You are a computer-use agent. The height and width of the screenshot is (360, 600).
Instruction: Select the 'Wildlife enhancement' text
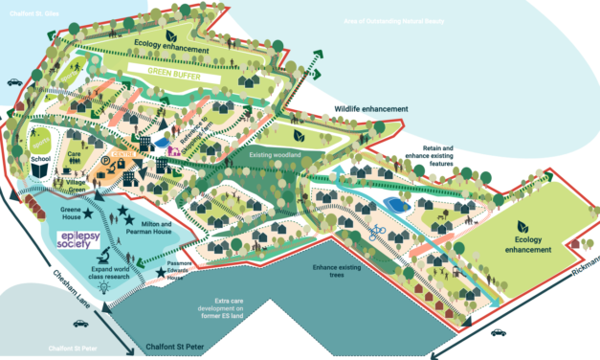click(x=370, y=109)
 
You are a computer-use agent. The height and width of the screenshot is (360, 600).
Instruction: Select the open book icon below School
click(x=39, y=170)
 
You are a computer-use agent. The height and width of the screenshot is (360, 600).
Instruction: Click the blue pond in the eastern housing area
click(x=392, y=204)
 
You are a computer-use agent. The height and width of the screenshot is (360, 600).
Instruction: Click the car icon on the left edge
click(x=14, y=82)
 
